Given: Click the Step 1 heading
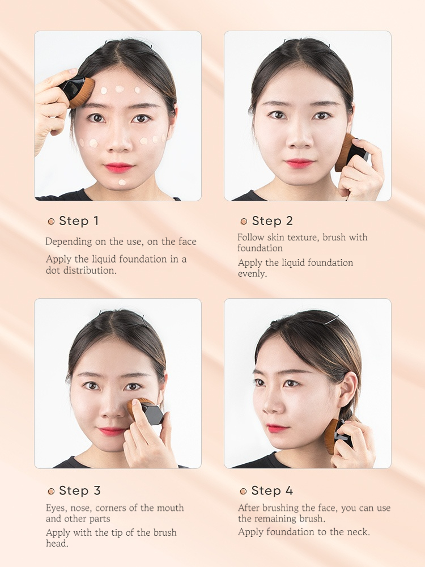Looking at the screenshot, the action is point(78,221).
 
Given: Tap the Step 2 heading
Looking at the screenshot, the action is point(272,221).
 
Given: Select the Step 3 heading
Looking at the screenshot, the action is point(79,490).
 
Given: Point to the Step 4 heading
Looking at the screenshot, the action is point(272,490).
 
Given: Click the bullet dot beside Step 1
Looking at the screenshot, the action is point(51,221).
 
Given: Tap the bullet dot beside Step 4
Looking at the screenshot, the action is point(243,491).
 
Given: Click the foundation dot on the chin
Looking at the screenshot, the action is point(122,182).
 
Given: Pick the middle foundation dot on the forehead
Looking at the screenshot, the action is point(120,88).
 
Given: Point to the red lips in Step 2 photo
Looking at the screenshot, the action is point(300,163).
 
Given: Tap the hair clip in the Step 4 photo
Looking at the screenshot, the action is point(331,320).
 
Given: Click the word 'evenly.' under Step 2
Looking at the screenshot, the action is point(252,274).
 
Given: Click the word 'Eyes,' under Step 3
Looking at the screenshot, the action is point(56,509).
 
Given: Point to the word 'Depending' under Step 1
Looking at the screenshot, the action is point(69,242).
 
